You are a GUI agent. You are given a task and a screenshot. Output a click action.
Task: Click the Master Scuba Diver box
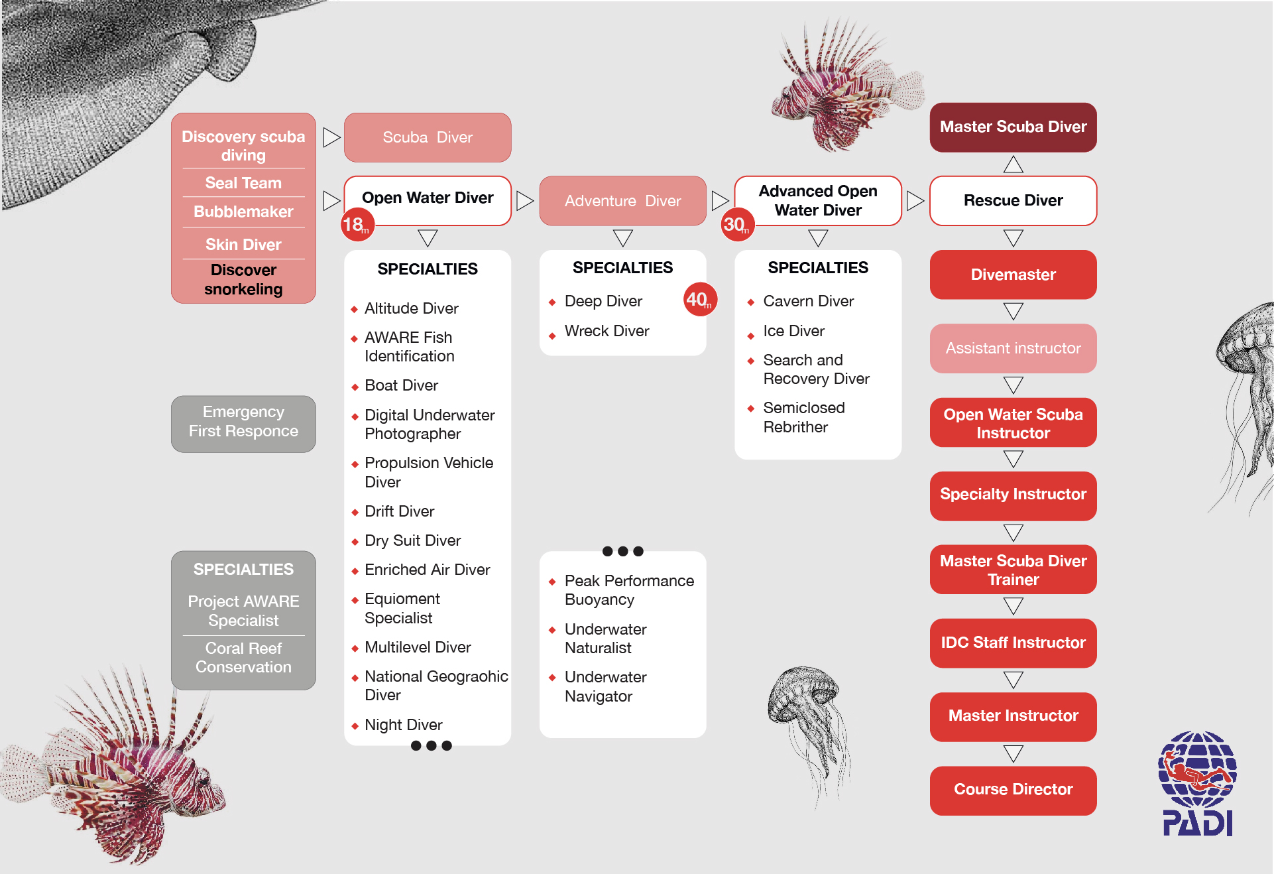point(1013,127)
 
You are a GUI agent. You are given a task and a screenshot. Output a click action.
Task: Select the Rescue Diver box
point(1013,200)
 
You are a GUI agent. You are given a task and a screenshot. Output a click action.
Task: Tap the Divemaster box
point(1013,275)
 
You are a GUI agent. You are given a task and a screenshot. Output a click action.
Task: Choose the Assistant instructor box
point(1013,348)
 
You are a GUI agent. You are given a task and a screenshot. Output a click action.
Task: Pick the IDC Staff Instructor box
point(1013,643)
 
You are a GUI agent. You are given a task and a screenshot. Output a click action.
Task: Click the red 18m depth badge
point(357,225)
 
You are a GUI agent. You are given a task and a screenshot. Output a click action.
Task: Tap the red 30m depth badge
point(738,225)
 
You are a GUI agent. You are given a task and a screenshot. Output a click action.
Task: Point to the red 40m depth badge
point(700,300)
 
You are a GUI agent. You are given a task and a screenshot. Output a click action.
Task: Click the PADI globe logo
point(1197,783)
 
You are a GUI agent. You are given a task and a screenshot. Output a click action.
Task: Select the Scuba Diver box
point(428,137)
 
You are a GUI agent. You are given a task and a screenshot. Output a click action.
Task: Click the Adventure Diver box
point(622,200)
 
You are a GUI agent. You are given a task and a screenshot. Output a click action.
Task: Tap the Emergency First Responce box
point(243,424)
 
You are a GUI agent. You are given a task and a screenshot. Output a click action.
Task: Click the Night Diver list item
point(403,725)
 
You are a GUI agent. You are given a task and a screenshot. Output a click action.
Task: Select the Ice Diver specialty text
point(793,331)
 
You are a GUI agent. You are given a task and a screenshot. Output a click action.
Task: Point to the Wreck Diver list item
point(607,331)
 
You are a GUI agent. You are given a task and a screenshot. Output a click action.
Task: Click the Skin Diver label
point(243,245)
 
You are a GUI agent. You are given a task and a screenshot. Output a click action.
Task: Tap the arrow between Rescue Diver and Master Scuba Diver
point(1013,164)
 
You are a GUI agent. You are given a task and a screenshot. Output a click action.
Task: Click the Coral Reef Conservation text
point(243,657)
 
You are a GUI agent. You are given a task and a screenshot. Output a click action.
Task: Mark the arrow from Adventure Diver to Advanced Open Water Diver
point(720,200)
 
